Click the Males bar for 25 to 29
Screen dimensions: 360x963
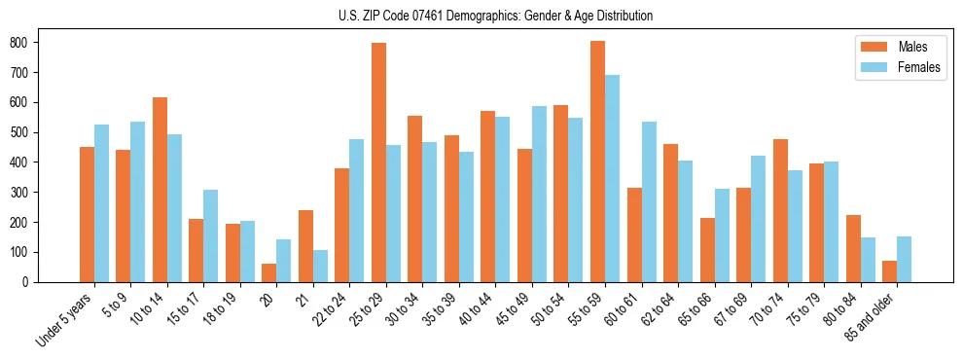(x=378, y=162)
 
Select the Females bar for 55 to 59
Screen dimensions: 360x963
(x=612, y=179)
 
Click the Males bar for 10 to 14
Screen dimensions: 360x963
(x=160, y=190)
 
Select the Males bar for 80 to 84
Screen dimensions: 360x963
(x=853, y=248)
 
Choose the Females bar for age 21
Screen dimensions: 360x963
(x=320, y=266)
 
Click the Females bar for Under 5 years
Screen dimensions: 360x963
(x=101, y=203)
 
